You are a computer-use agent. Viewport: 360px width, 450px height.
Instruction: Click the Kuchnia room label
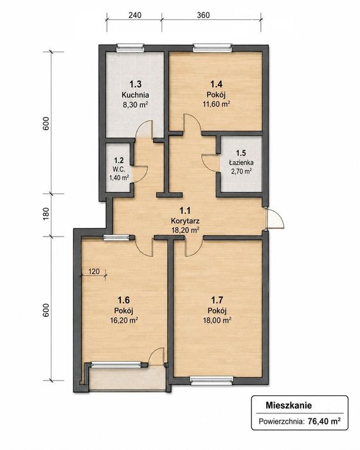point(135,94)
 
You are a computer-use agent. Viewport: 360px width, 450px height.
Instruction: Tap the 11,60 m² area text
point(217,104)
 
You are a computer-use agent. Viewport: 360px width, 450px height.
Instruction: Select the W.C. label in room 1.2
point(118,169)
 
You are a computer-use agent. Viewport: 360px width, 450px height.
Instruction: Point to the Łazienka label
point(241,163)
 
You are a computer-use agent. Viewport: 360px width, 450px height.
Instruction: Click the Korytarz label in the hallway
point(185,221)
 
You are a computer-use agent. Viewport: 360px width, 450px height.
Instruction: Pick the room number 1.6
point(123,300)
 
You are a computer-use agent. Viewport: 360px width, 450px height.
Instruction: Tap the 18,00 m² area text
point(217,320)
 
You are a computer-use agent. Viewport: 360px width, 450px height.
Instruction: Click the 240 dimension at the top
point(134,15)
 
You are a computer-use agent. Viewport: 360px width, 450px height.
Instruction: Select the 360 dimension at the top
point(203,15)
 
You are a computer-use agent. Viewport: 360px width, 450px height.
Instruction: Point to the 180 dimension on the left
point(46,214)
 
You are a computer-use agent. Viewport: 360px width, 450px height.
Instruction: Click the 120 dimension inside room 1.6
point(94,271)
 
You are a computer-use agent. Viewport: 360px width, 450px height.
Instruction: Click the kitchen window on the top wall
point(130,48)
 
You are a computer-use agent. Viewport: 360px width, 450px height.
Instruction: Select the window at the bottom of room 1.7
point(212,381)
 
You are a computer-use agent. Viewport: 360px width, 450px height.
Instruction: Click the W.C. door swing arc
point(141,174)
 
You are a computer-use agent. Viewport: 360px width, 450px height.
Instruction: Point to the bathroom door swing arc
point(209,163)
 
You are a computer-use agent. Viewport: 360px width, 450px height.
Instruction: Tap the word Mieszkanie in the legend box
point(289,406)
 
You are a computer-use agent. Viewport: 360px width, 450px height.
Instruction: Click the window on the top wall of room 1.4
point(212,48)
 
